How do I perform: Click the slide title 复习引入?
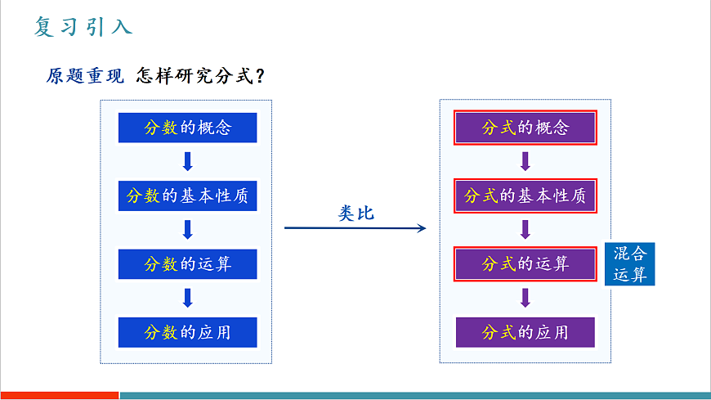(x=83, y=27)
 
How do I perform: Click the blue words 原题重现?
(x=85, y=76)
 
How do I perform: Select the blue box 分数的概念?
(x=187, y=128)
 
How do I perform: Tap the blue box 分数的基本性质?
(x=187, y=196)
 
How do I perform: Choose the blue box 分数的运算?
(x=187, y=264)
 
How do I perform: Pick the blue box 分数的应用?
(x=187, y=332)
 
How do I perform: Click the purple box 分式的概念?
(x=525, y=128)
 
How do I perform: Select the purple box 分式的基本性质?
(x=525, y=196)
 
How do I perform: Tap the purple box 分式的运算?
(x=525, y=264)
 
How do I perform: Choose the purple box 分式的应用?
(x=525, y=332)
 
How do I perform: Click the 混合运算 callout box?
(x=629, y=263)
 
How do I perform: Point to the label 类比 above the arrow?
(x=355, y=213)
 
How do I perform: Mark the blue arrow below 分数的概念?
(x=187, y=162)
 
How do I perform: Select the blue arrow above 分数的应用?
(x=187, y=298)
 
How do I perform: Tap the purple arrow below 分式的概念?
(x=525, y=162)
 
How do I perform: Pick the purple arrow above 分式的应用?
(x=525, y=298)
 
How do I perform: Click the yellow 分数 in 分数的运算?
(x=161, y=264)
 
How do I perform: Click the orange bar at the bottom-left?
(x=59, y=396)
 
